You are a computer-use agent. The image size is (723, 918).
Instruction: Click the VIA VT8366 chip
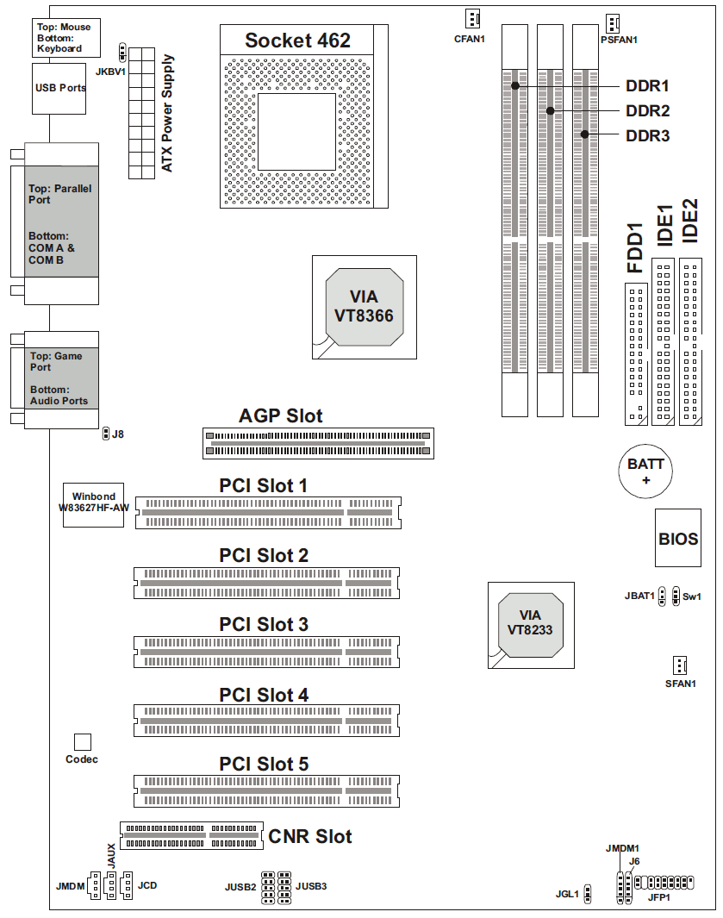pyautogui.click(x=365, y=307)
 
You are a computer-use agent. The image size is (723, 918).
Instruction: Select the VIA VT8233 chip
pyautogui.click(x=531, y=625)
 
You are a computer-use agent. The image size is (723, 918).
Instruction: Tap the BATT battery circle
pyautogui.click(x=645, y=471)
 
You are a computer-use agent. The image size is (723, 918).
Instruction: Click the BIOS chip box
pyautogui.click(x=678, y=538)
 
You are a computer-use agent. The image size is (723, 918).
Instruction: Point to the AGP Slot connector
pyautogui.click(x=318, y=443)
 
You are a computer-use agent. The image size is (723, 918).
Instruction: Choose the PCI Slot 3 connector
pyautogui.click(x=266, y=653)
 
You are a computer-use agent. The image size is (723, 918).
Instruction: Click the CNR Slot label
pyautogui.click(x=310, y=837)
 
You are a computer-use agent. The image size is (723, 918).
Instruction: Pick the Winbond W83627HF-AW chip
pyautogui.click(x=94, y=504)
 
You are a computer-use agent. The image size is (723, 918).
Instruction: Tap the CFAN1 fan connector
pyautogui.click(x=472, y=19)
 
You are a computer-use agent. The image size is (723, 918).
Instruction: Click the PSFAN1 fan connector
pyautogui.click(x=613, y=24)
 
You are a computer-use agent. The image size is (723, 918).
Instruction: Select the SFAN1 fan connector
pyautogui.click(x=680, y=665)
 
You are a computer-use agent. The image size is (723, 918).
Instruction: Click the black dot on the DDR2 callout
pyautogui.click(x=551, y=110)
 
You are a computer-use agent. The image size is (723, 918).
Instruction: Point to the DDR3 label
pyautogui.click(x=647, y=136)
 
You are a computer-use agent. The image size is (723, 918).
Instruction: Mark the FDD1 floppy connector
pyautogui.click(x=636, y=353)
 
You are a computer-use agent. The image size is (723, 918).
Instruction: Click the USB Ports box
pyautogui.click(x=59, y=89)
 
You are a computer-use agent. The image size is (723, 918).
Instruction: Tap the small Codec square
pyautogui.click(x=83, y=742)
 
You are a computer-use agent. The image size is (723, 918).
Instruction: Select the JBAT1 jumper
pyautogui.click(x=662, y=596)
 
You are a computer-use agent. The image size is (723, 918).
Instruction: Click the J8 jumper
pyautogui.click(x=106, y=434)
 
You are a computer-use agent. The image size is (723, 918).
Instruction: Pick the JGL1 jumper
pyautogui.click(x=588, y=893)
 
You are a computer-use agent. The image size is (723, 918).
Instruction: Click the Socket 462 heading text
pyautogui.click(x=297, y=41)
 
